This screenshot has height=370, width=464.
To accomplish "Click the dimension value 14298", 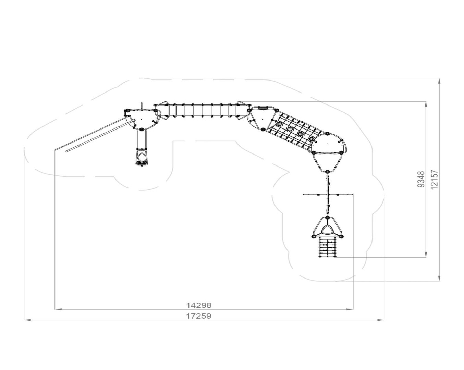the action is [199, 305].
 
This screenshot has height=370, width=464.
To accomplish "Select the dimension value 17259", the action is [199, 316].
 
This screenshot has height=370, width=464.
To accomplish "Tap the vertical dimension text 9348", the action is [421, 179].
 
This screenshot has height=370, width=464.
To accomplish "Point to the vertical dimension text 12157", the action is [434, 180].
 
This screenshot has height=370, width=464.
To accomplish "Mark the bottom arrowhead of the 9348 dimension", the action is [426, 255].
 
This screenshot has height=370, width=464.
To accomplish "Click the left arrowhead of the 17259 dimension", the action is [27, 320].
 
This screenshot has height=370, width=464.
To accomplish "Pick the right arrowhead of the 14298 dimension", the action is [350, 309].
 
